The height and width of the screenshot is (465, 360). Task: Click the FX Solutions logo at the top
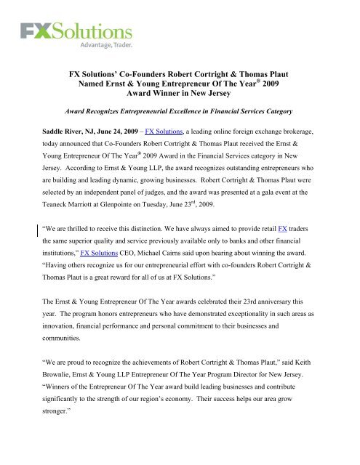(76, 33)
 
